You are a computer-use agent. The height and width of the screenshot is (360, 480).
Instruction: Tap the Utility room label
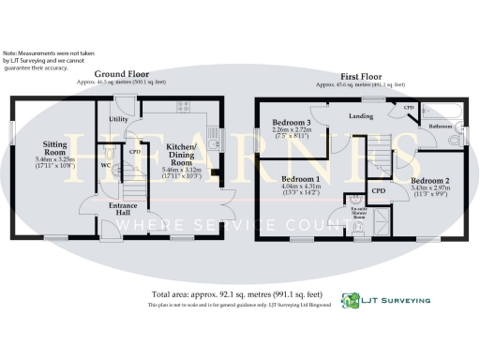(x=118, y=120)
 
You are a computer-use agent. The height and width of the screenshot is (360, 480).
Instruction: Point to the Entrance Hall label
(x=124, y=209)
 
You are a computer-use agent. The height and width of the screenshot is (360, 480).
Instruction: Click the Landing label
(x=361, y=117)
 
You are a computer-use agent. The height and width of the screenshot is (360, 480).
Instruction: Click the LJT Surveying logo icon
(x=351, y=301)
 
